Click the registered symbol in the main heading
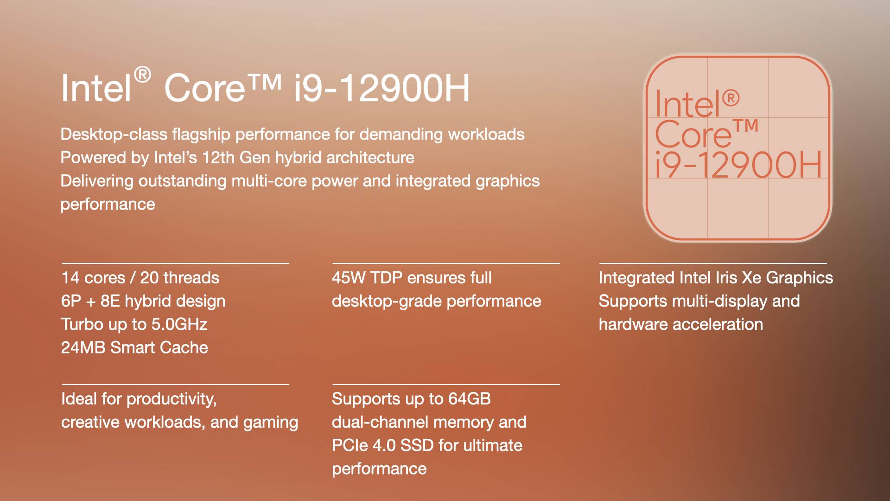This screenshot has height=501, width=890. pos(143,75)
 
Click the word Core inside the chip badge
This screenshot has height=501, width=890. pos(693,134)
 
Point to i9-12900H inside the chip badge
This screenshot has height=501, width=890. pos(738,165)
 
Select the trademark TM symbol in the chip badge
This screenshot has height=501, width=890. pos(746,125)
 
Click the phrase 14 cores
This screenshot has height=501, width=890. pos(93,277)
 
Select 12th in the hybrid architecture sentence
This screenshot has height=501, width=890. pos(219,157)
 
